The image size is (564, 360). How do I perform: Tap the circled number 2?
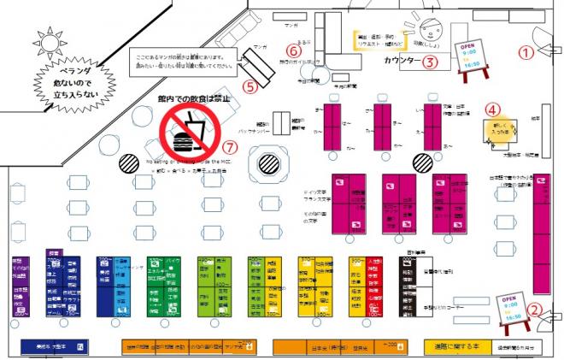click(534, 311)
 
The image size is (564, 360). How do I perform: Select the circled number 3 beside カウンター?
click(432, 61)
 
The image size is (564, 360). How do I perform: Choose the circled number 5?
click(250, 86)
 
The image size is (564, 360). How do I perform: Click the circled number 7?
click(229, 145)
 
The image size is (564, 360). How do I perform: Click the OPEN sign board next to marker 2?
click(508, 309)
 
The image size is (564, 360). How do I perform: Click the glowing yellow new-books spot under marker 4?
click(497, 129)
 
